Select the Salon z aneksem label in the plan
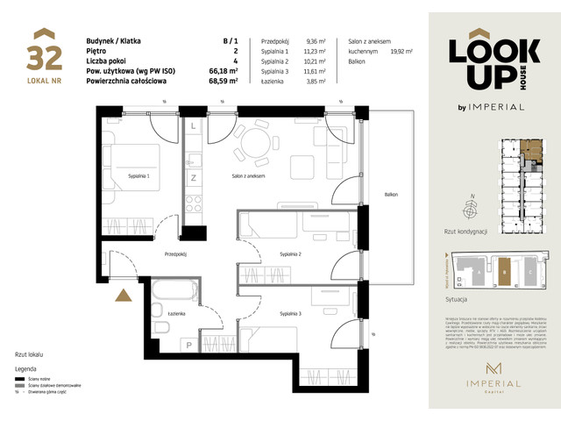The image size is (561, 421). pyautogui.click(x=249, y=176)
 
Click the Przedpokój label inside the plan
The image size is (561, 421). pyautogui.click(x=177, y=253)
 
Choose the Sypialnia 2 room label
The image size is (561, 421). pyautogui.click(x=290, y=253)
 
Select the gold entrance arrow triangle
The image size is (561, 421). pyautogui.click(x=124, y=295)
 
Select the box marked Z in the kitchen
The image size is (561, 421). pyautogui.click(x=193, y=178)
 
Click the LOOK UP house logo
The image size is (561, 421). pyautogui.click(x=486, y=64)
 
